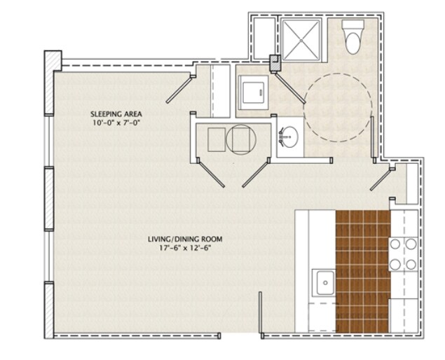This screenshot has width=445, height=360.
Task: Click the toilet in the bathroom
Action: tap(352, 37)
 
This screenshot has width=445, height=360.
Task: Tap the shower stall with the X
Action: tap(301, 40)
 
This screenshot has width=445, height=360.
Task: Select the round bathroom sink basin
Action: tap(289, 137)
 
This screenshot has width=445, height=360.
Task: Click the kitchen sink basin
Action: tap(325, 282)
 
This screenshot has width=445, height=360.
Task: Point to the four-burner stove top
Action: tap(403, 254)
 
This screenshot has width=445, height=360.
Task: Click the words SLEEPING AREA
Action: tap(116, 114)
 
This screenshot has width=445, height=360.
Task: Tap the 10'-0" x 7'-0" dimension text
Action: tap(116, 123)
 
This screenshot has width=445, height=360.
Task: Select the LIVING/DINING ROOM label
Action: tap(185, 239)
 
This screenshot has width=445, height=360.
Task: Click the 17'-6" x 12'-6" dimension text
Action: tap(185, 248)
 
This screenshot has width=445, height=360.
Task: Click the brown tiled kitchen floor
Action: tap(362, 271)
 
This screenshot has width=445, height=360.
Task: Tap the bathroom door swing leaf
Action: tap(289, 88)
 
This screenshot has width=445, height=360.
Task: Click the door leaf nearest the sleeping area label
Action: tap(179, 89)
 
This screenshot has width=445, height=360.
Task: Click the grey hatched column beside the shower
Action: tap(275, 64)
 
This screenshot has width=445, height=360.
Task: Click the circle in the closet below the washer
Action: tap(241, 139)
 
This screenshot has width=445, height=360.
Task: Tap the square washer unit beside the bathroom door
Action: tap(253, 92)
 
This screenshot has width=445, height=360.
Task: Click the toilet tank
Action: tap(352, 25)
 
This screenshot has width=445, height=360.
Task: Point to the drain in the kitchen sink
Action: tap(325, 283)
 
